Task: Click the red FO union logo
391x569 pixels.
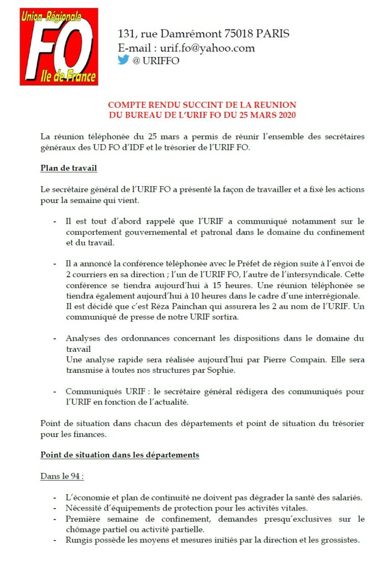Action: point(59,46)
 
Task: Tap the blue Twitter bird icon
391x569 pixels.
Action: point(124,60)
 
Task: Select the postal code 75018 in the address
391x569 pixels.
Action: point(240,34)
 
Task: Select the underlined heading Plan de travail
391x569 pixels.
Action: point(69,168)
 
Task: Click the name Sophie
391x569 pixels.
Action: point(222,370)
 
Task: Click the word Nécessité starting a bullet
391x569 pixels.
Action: point(85,508)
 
